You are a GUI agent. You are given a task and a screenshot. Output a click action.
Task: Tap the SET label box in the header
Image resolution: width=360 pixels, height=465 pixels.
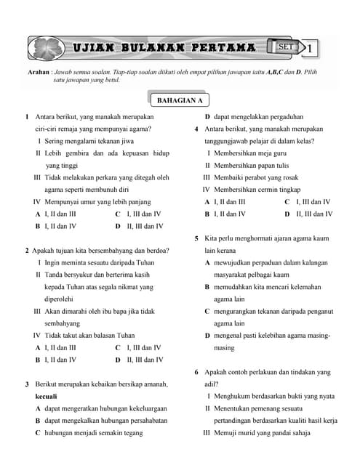(284, 47)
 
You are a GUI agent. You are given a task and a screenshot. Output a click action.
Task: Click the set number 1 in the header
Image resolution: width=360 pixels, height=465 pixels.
(311, 49)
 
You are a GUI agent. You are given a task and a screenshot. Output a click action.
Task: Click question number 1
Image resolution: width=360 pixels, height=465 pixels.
(27, 116)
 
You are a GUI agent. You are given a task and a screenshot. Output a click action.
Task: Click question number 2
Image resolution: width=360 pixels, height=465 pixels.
(27, 251)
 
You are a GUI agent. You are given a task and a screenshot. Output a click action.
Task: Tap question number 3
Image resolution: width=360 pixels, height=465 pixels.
(27, 384)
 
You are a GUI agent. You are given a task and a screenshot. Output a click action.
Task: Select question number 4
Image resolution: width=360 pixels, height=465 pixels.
(197, 129)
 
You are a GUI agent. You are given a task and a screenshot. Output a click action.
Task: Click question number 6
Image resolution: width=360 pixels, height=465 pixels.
(197, 372)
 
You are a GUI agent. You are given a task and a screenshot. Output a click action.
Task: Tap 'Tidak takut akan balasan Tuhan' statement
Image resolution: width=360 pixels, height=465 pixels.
(89, 336)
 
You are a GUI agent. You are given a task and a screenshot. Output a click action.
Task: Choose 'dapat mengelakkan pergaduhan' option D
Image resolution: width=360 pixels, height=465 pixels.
(258, 116)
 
